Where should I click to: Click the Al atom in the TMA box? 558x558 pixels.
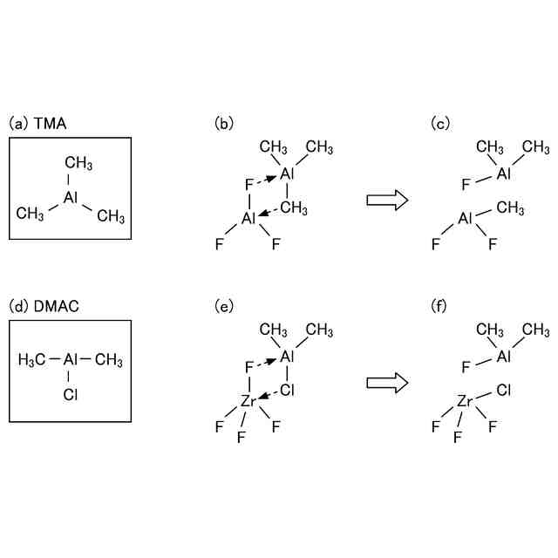[x=71, y=198]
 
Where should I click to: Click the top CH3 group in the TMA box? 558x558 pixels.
[x=79, y=163]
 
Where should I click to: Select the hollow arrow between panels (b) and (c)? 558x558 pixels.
[x=388, y=200]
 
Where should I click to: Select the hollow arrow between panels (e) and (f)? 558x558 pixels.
[x=388, y=383]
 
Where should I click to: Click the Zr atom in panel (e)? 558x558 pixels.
[x=248, y=402]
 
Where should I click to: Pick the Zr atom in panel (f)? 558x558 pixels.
[x=465, y=402]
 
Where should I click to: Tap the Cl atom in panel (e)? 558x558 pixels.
[x=287, y=391]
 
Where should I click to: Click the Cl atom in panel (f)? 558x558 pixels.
[x=505, y=391]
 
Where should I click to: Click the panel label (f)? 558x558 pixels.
[x=441, y=306]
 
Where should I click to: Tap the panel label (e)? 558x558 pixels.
[x=224, y=306]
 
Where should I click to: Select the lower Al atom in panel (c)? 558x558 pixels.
[x=466, y=219]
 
